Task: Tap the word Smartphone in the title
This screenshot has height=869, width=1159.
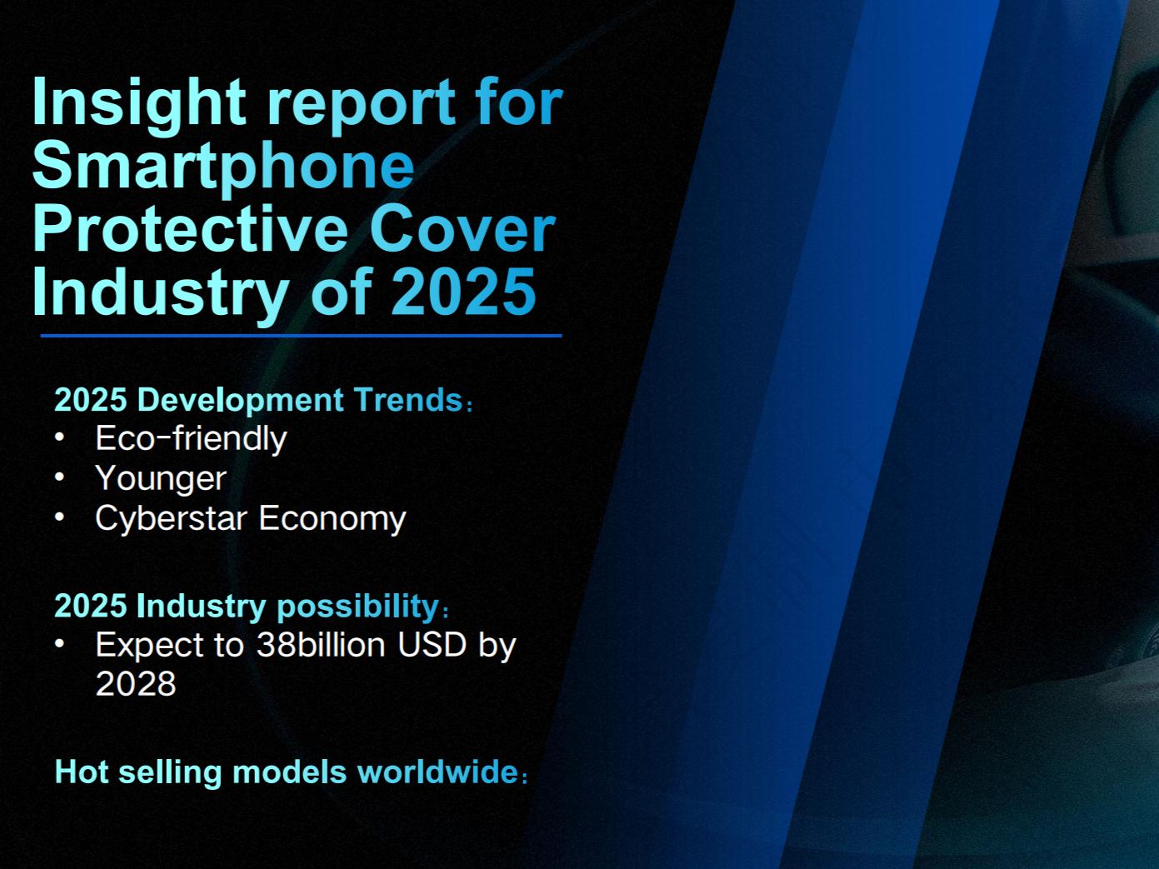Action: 223,166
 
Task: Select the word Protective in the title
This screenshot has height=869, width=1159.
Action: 191,229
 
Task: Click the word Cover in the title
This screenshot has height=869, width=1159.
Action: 462,229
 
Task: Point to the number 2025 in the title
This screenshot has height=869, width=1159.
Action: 464,292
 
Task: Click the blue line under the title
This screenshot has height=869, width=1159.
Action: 301,336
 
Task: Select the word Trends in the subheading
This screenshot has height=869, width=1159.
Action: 408,400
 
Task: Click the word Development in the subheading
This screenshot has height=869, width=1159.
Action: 241,401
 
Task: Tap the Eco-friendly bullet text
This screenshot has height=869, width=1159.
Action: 191,438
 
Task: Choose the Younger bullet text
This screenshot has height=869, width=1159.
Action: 161,478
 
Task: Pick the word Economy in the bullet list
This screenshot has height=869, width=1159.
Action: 332,519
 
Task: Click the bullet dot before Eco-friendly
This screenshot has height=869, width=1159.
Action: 59,437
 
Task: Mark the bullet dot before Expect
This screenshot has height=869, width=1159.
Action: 59,644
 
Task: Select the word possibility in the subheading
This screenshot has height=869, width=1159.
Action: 358,607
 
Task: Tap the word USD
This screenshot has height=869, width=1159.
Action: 432,645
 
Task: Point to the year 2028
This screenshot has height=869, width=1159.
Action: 136,684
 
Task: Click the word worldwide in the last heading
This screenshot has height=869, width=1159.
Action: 438,772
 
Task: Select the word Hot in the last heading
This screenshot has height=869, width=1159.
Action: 82,772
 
